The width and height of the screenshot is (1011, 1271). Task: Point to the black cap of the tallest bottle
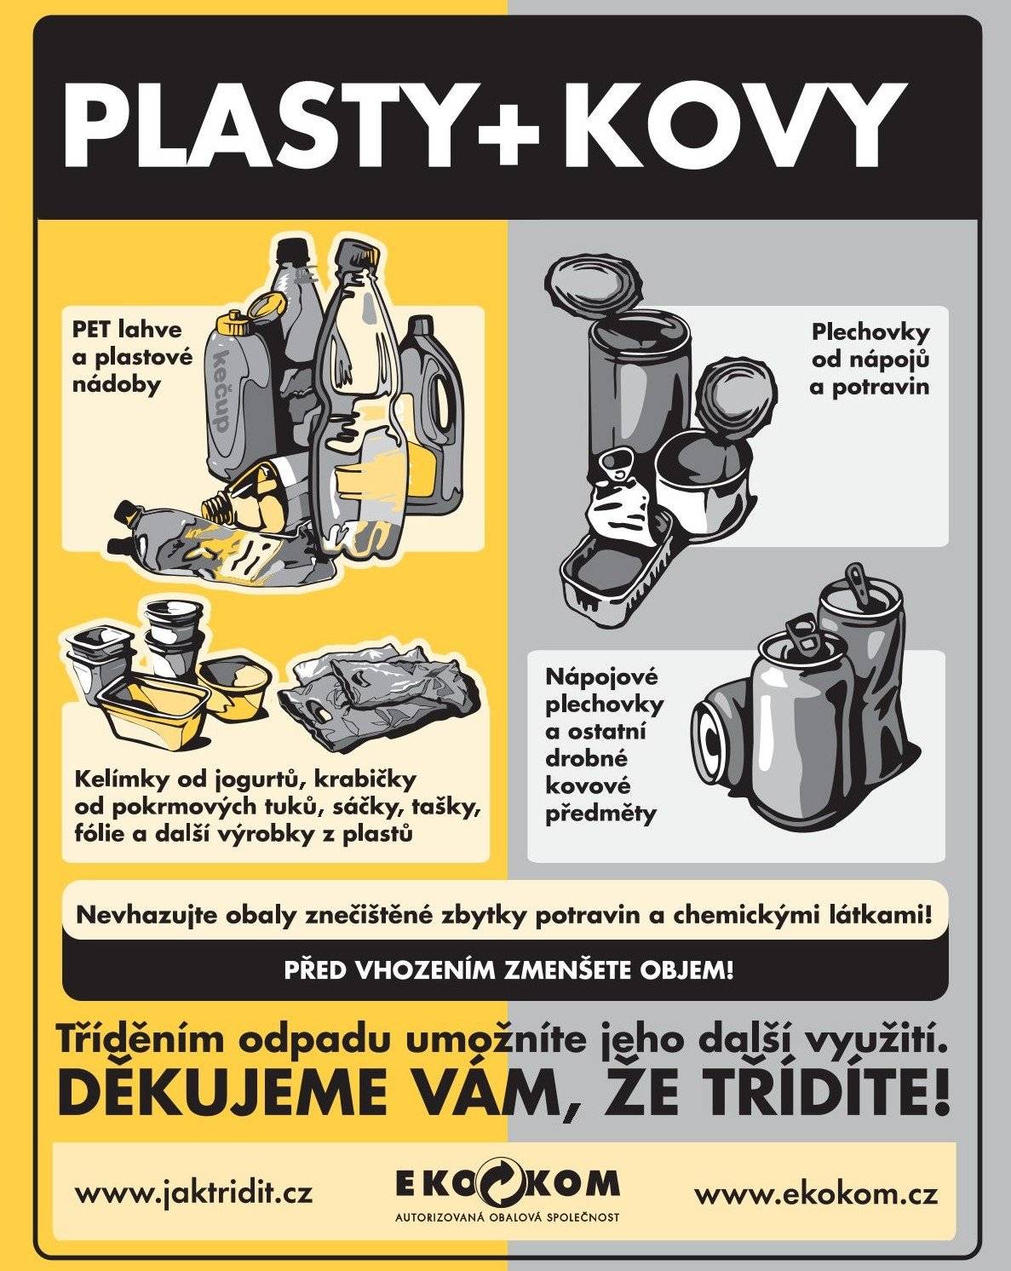tap(294, 250)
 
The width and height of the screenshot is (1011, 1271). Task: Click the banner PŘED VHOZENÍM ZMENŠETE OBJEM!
tap(508, 970)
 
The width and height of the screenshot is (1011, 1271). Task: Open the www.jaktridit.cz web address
tap(193, 1193)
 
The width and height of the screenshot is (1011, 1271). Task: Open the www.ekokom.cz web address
tap(816, 1193)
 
